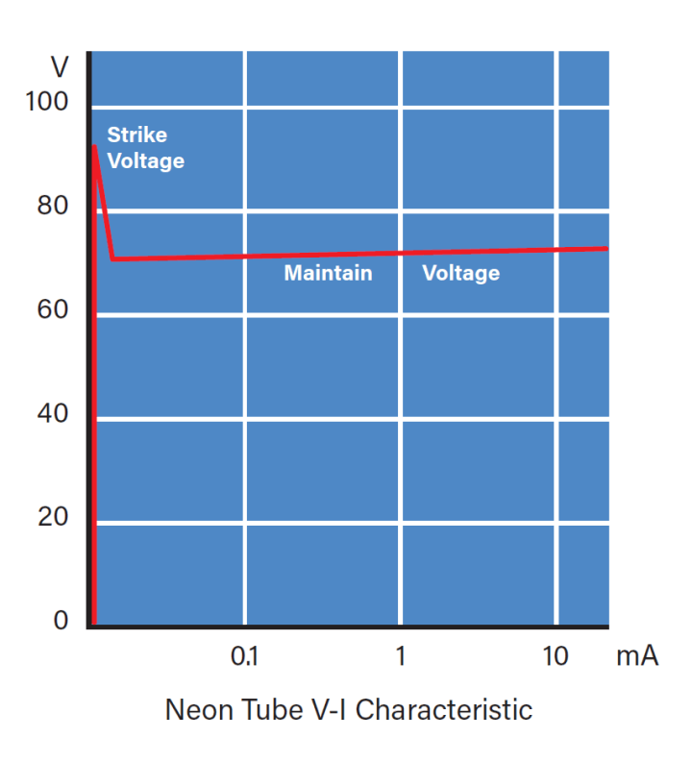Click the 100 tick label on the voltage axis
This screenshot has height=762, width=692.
48,102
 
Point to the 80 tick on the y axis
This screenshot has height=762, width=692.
54,207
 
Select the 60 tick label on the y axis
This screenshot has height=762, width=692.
54,310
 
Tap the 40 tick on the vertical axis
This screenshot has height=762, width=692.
54,414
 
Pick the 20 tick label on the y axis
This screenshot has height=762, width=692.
54,518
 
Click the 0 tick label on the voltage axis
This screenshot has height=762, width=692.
62,622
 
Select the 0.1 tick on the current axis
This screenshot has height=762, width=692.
246,657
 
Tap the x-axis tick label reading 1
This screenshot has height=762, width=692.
400,657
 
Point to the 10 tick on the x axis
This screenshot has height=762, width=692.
556,657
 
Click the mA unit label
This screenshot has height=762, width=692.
636,657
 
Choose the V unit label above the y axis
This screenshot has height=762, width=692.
60,69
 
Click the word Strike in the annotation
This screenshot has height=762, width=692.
136,135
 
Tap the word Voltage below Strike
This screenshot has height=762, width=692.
145,160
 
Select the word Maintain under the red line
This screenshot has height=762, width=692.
328,274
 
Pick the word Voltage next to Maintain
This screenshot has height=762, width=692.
460,274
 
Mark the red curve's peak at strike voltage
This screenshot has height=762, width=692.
94,146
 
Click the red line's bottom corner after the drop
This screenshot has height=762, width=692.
112,258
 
